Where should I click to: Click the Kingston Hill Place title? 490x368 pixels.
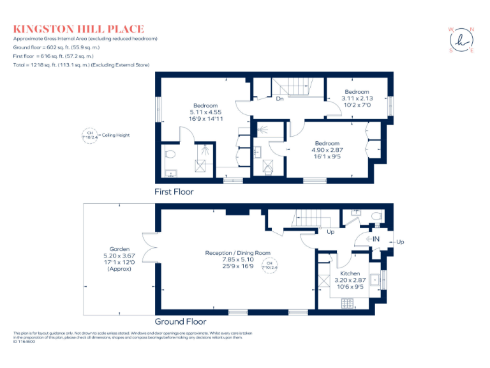[x=78, y=29]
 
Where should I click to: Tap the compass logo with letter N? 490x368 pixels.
[x=461, y=39]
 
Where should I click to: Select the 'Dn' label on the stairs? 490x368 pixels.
[x=279, y=99]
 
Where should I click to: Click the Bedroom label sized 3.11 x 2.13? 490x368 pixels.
[x=357, y=98]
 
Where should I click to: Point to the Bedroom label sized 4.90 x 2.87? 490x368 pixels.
[x=326, y=150]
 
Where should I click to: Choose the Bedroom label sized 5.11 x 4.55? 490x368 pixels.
[x=205, y=112]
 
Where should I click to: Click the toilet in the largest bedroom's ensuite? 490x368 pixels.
[x=170, y=154]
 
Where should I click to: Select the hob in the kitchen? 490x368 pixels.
[x=348, y=303]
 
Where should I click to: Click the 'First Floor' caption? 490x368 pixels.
[x=174, y=192]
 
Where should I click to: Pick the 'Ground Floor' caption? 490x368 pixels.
[x=181, y=321]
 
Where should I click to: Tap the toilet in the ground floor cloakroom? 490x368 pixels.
[x=377, y=217]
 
